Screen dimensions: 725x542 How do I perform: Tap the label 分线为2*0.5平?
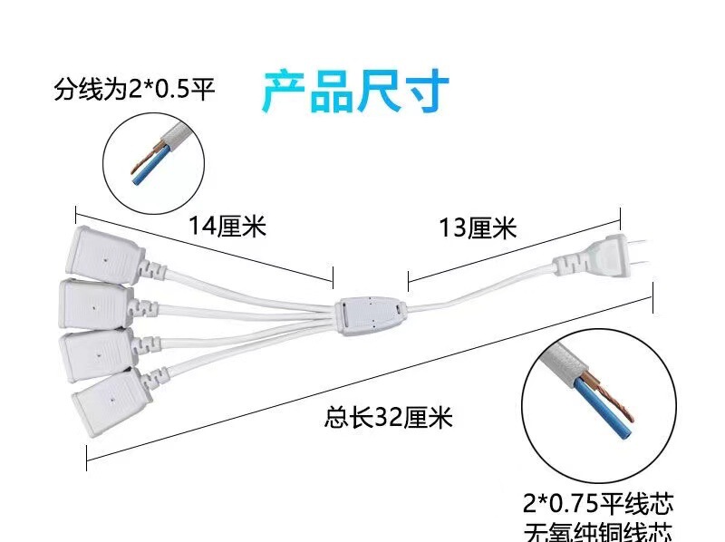pos(134,90)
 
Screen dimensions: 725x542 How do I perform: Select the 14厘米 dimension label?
pos(227,226)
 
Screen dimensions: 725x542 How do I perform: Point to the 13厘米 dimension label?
pos(478,227)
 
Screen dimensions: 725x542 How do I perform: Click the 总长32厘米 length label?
pos(387,418)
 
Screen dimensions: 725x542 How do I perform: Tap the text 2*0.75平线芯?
pos(598,501)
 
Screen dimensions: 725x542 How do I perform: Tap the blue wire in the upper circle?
pos(145,173)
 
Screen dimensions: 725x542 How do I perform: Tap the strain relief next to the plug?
pos(566,266)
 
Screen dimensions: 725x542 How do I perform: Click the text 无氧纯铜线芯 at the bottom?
pos(598,530)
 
